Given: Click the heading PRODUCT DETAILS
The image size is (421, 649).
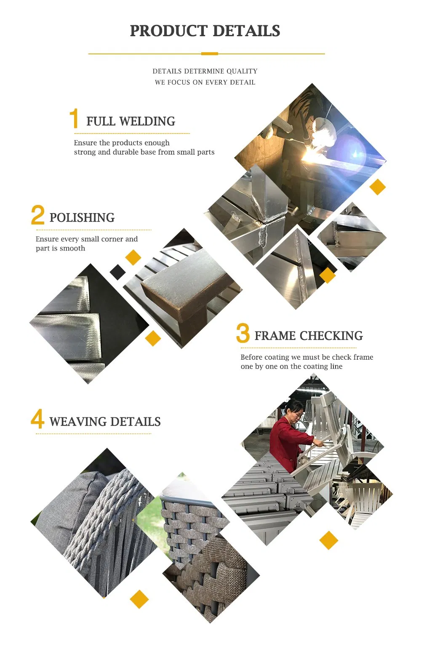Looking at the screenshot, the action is pos(205,31).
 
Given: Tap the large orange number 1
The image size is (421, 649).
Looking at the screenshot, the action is pos(74,118).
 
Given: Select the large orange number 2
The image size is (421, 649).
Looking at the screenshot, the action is pos(37,215).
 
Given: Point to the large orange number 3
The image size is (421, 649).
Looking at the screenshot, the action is pos(243,333).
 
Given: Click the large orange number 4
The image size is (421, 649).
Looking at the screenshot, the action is pos(37,419).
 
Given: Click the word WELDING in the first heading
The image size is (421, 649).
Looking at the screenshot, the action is pos(147,121).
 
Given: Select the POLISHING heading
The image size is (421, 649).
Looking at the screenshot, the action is pos(82,218).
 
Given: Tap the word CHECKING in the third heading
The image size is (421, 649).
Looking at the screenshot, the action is pos(331,336).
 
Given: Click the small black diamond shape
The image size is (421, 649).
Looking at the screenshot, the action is pos(117,272).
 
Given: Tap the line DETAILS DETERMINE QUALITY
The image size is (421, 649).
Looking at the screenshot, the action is pos(205,71).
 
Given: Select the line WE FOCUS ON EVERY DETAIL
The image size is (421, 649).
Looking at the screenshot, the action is pos(205,82).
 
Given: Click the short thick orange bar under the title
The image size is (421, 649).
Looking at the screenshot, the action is pos(209,53).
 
